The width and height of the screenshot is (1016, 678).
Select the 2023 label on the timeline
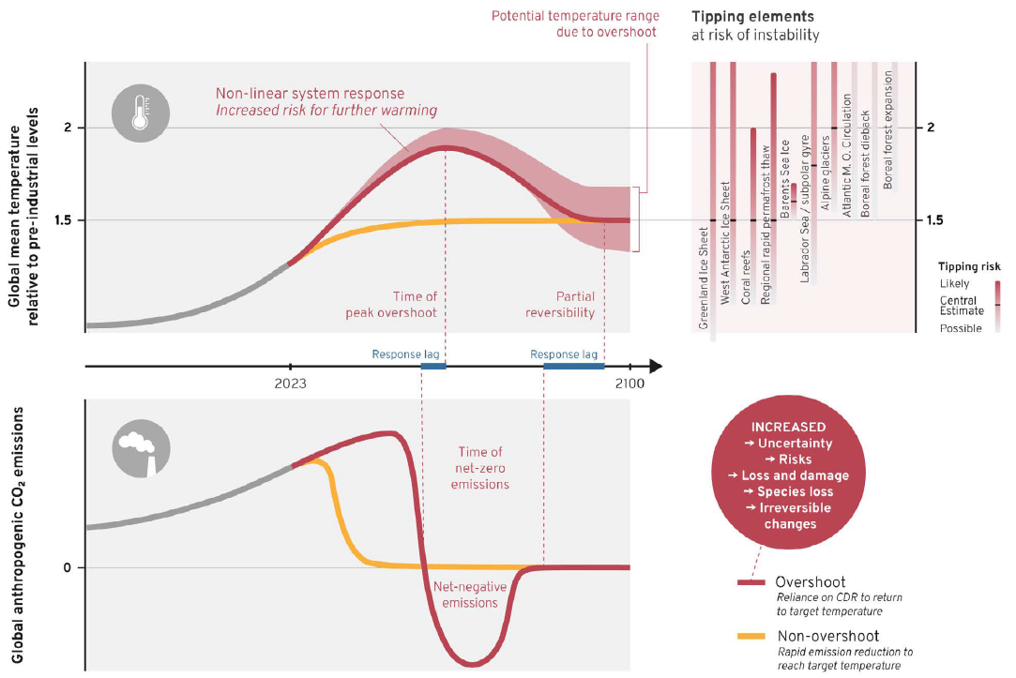tap(291, 383)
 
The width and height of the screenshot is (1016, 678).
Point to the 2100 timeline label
tap(629, 383)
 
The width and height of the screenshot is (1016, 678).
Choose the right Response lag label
tap(564, 354)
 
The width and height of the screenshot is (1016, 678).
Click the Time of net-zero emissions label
tap(479, 468)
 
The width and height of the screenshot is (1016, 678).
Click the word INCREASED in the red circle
tap(789, 427)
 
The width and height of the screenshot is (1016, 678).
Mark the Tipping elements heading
tap(739, 17)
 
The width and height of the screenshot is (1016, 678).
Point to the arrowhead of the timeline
tap(655, 366)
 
